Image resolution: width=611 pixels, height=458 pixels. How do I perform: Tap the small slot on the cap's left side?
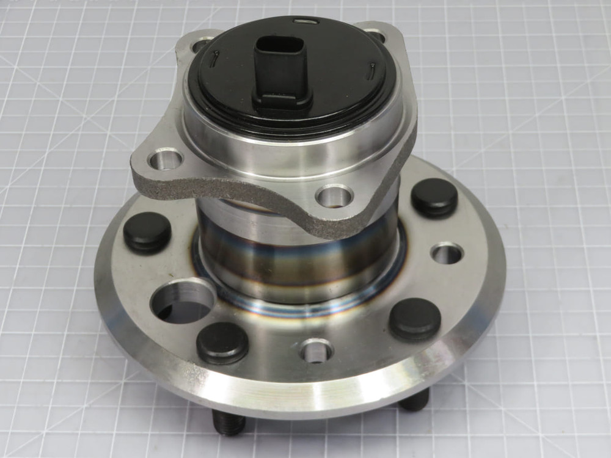coord(215,59)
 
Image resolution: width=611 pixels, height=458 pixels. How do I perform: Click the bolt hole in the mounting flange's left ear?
coord(166,159)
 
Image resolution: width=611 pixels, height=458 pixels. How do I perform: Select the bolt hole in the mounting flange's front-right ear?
coord(334,197)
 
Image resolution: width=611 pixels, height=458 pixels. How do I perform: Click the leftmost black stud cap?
coord(147,231)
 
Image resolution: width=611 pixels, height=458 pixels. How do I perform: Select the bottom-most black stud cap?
coord(222,342)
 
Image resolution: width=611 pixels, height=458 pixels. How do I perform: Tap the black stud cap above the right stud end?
coord(415,319)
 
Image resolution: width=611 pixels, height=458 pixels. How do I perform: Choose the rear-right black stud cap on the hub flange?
coord(434,197)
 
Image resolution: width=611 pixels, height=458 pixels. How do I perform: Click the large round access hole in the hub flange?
coord(182,302)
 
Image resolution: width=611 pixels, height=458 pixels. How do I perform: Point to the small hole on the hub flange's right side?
coord(447,253)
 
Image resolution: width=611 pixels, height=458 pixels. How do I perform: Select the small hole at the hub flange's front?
coord(316,351)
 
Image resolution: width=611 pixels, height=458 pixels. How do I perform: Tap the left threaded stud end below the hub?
coord(229,422)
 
